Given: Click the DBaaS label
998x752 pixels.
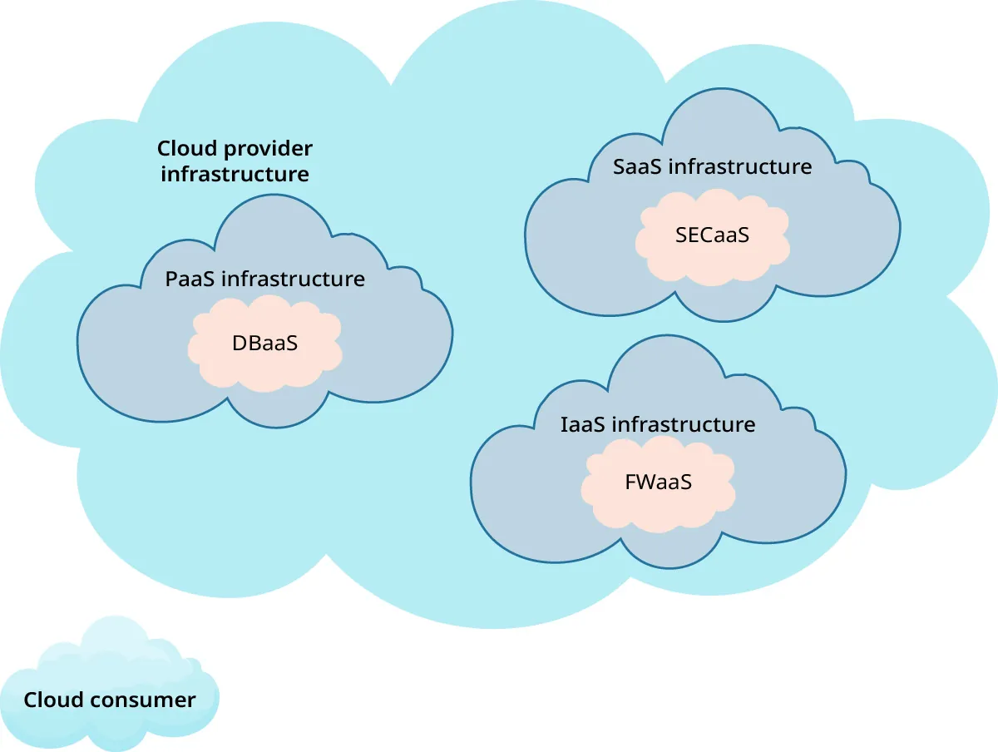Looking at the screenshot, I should pos(264,343).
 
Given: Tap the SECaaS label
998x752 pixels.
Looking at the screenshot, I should pos(712,235).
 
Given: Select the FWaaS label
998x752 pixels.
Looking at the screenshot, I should pos(658,482).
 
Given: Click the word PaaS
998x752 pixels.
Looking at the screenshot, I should pos(190,279).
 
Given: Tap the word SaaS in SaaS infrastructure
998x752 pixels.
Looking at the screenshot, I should pos(637,166).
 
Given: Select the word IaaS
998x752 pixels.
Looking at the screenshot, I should pos(583,424).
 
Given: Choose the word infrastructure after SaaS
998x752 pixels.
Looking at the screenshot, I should pos(740,166).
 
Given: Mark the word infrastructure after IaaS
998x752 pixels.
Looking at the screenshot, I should pos(684,424).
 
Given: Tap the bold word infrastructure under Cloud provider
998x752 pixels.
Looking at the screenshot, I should pos(235,175).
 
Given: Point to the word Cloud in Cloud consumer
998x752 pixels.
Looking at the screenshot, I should pos(53,700).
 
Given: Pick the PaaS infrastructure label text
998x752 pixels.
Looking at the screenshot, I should pos(264,279).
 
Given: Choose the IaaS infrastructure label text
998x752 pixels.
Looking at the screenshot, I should pos(658,424).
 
